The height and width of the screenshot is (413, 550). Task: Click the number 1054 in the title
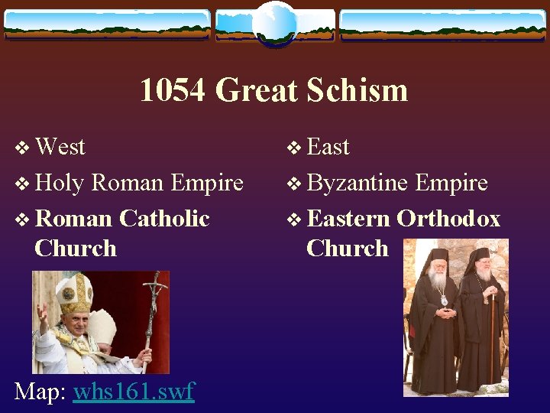tap(173, 90)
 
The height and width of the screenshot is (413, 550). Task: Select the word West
tap(60, 146)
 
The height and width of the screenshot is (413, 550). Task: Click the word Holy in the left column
tap(60, 183)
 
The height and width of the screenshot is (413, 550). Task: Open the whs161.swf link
tap(134, 392)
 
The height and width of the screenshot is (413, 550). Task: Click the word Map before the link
tap(40, 392)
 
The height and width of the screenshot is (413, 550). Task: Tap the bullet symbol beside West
tap(22, 148)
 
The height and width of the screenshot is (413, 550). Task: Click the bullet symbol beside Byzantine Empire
tap(294, 184)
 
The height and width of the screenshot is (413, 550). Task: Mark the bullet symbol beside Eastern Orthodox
tap(294, 220)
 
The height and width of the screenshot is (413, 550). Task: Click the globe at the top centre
tap(274, 23)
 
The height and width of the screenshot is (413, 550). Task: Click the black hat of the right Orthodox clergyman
tap(480, 254)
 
